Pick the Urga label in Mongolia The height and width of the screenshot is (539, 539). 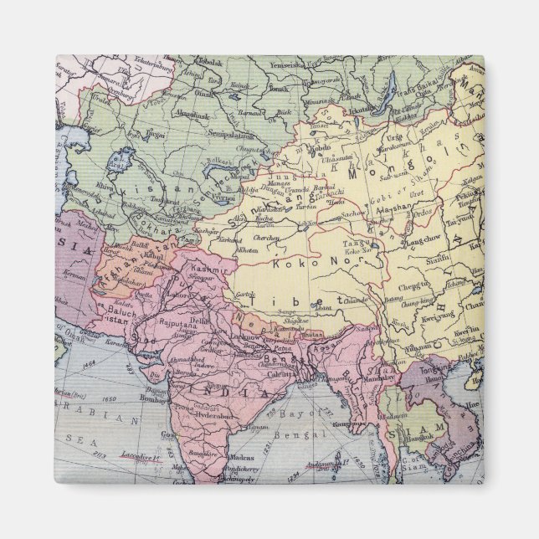click(x=393, y=136)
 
